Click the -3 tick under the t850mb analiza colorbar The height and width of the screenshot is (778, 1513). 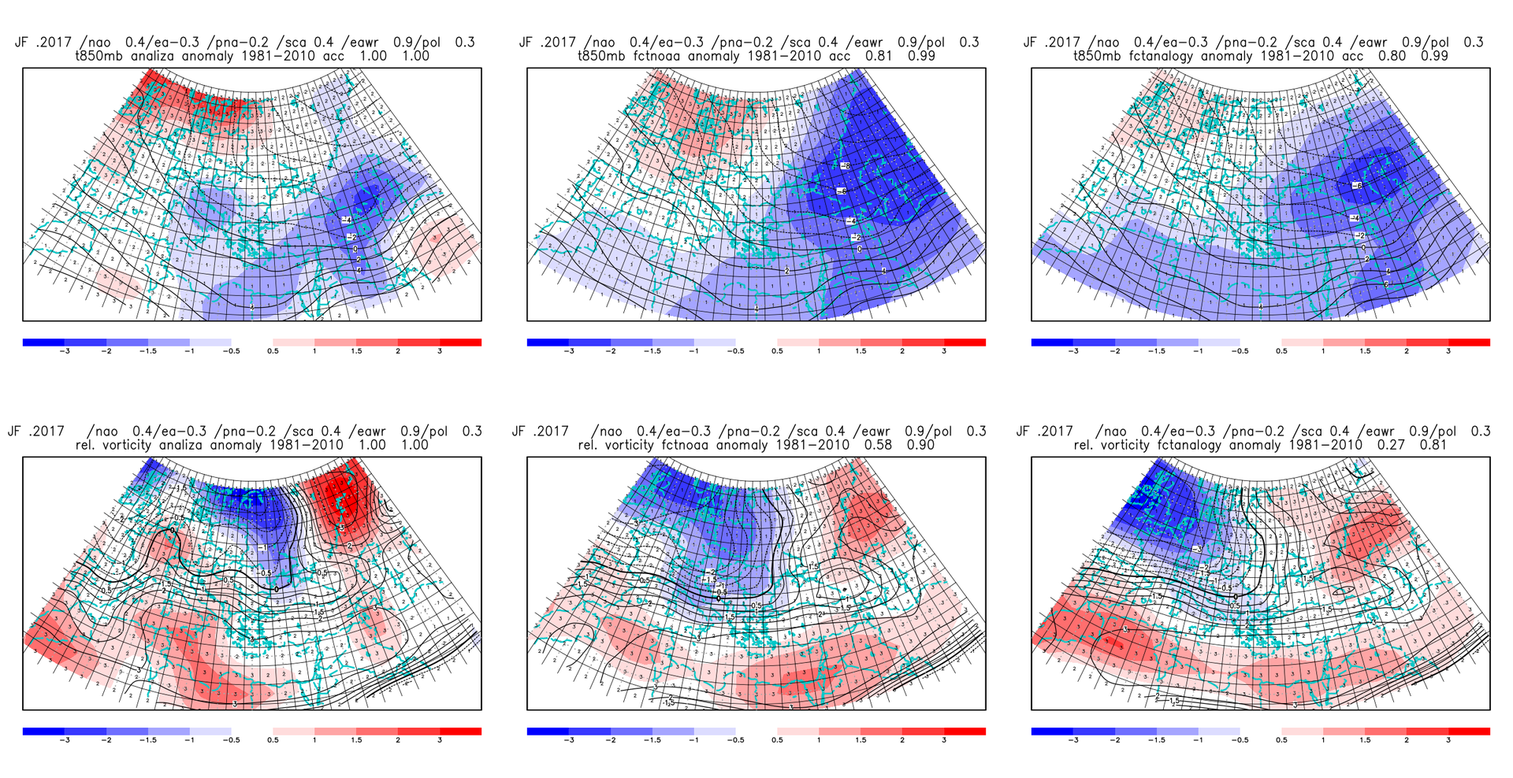click(x=65, y=351)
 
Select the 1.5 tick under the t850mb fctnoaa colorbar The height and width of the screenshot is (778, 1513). click(x=861, y=351)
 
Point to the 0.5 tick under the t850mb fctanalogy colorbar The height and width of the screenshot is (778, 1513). click(x=1282, y=351)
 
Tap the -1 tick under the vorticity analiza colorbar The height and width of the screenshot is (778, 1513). click(x=189, y=740)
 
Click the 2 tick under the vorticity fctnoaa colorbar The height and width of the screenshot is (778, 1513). click(x=902, y=740)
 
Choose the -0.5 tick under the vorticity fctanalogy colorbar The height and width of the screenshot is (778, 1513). click(x=1240, y=740)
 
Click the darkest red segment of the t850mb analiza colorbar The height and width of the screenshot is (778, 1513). click(x=460, y=343)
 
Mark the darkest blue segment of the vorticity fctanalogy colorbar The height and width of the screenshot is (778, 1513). click(x=1052, y=732)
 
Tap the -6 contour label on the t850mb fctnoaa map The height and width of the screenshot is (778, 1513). click(x=842, y=191)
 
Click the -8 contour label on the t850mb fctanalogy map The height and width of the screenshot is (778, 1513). click(x=1356, y=186)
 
